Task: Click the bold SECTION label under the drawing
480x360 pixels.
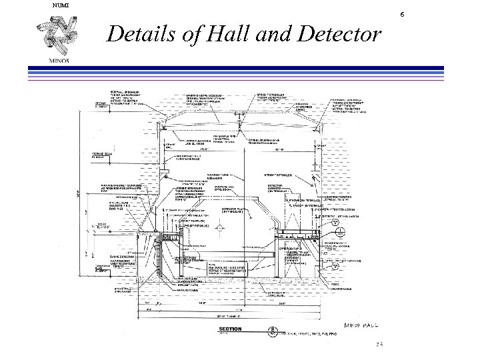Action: (x=231, y=329)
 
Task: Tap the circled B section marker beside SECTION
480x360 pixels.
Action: (x=272, y=330)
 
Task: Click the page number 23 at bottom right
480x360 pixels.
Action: (x=379, y=345)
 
